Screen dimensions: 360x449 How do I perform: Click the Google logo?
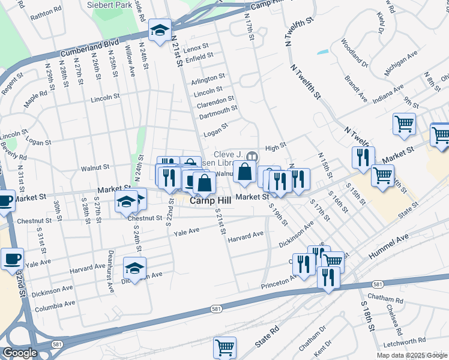[20, 353]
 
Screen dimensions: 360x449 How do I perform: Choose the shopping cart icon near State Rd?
[224, 347]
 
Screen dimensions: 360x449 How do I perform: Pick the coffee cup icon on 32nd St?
[12, 259]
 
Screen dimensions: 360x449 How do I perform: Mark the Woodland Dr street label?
[353, 52]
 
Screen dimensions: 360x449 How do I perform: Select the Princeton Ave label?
[280, 283]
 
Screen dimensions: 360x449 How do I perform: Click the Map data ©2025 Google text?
[412, 355]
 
